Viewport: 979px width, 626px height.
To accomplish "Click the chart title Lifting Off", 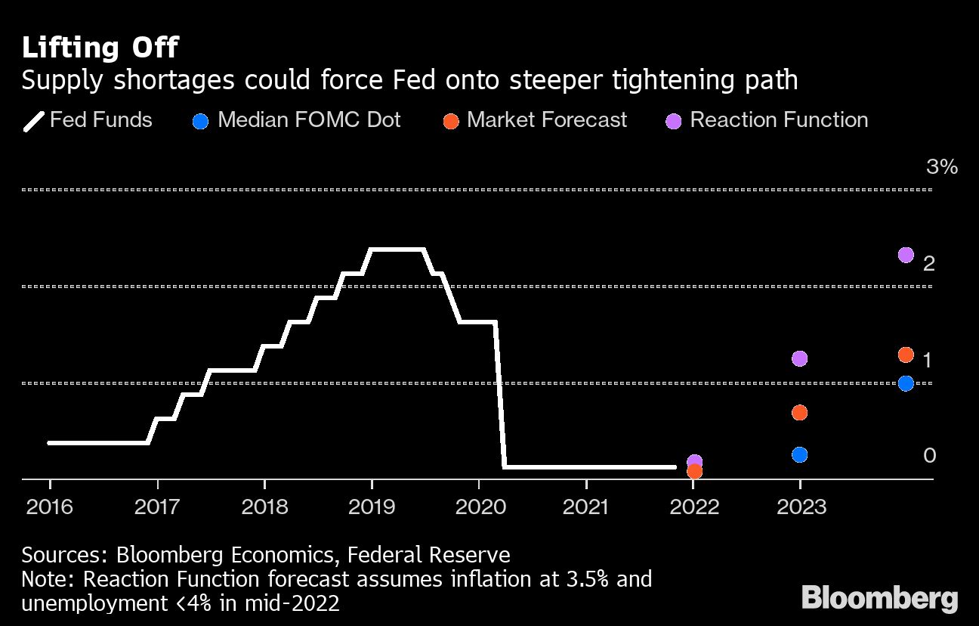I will tap(100, 48).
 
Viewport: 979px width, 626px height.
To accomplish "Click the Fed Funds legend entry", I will tap(88, 120).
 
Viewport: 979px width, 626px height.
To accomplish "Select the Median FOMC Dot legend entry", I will tap(296, 120).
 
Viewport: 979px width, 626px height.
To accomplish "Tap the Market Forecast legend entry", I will tap(535, 120).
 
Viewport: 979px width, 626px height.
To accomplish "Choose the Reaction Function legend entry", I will tap(767, 120).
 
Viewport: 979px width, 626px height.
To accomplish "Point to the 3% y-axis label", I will tap(941, 167).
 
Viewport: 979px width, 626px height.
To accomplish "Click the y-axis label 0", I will tap(930, 455).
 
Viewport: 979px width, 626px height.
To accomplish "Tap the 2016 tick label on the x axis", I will tap(50, 507).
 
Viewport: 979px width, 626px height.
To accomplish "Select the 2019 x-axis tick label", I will tap(372, 507).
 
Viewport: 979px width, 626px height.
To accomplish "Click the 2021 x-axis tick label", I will tap(586, 507).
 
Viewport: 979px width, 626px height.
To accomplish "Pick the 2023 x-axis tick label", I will tap(801, 507).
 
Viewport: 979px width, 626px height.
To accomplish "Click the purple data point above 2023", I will tap(800, 358).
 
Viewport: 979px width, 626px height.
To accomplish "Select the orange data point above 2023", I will tap(800, 412).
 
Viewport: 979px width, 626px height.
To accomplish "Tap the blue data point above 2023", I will tap(800, 454).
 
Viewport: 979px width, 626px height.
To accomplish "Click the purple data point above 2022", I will tap(694, 460).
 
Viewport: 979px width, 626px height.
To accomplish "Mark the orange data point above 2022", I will tap(694, 472).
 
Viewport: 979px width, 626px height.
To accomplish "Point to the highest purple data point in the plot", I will tap(906, 255).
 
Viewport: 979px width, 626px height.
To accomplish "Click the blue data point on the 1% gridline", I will tap(906, 383).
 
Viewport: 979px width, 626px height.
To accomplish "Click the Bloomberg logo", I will tap(879, 598).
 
